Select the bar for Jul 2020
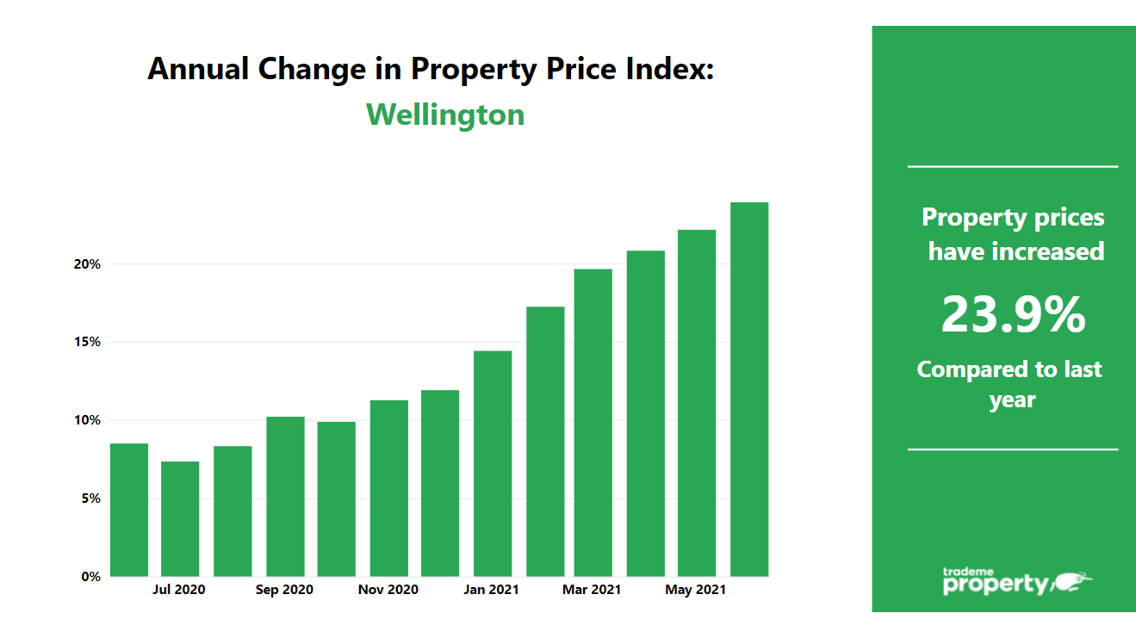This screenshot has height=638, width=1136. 180,519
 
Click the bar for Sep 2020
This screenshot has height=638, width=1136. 285,497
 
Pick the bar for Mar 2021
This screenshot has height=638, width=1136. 593,423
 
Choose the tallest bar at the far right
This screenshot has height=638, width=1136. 749,389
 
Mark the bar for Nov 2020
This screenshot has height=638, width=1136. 388,488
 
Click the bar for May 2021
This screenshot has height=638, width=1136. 697,403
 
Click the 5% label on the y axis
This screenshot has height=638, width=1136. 91,499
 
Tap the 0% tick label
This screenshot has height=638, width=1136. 91,577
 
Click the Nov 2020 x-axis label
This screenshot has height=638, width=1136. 388,590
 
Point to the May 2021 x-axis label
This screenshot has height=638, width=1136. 696,590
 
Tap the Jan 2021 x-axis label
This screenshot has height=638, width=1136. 491,590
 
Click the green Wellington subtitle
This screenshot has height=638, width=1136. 445,115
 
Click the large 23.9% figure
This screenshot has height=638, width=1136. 1013,314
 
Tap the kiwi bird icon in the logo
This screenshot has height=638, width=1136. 1072,582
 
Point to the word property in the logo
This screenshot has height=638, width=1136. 996,585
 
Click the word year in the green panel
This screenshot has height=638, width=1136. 1012,400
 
